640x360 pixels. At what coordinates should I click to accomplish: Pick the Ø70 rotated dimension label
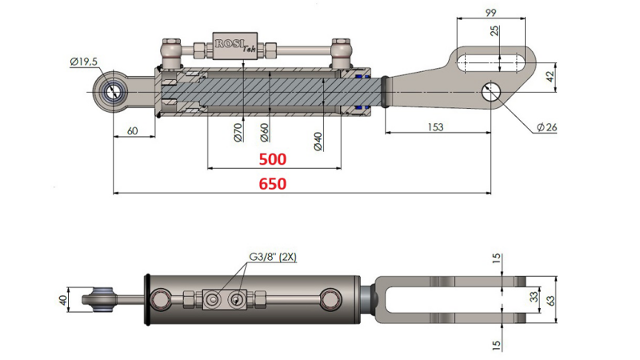(x=238, y=133)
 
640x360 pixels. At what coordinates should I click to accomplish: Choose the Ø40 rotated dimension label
(x=318, y=140)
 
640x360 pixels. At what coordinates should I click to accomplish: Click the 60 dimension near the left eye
(x=134, y=130)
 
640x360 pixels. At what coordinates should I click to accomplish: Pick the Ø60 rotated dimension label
(x=264, y=133)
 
